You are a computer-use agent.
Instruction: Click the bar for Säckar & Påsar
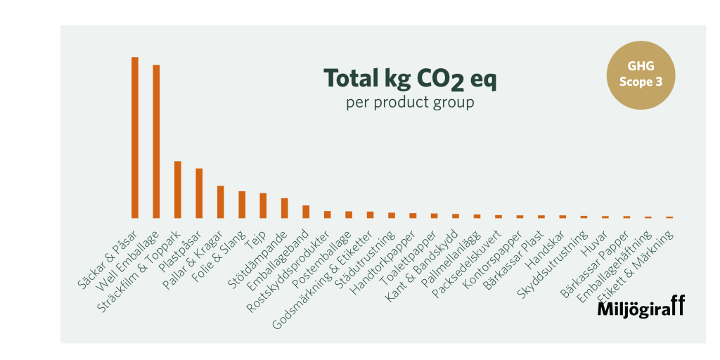click(135, 137)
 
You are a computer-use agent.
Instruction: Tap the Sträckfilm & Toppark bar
click(178, 190)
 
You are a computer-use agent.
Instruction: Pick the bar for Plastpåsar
click(199, 193)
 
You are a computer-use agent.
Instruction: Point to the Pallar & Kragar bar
click(221, 202)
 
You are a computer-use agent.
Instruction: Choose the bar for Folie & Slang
click(242, 205)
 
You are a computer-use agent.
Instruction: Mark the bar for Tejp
click(263, 205)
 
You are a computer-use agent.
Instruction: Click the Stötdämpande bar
click(285, 208)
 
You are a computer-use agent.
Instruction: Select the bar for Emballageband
click(306, 212)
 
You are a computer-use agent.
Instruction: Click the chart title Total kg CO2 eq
click(409, 79)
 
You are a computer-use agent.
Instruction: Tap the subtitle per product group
click(409, 103)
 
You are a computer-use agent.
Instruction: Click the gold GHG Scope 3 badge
click(641, 75)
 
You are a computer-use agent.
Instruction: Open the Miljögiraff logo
click(641, 307)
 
